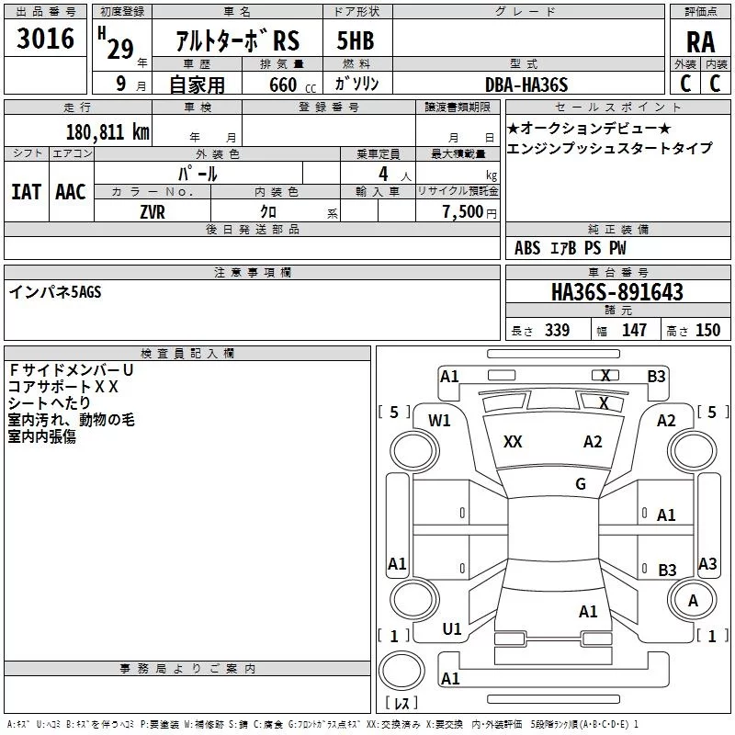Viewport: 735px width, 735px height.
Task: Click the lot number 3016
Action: point(46,40)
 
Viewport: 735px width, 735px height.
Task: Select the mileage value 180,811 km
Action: point(107,131)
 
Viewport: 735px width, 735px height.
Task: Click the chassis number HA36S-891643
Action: point(616,292)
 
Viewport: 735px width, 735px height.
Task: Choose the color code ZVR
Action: point(153,211)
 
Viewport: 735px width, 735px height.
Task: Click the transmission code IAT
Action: point(26,191)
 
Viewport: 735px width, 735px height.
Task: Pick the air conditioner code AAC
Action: point(70,191)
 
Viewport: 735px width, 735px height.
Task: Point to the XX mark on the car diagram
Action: point(513,442)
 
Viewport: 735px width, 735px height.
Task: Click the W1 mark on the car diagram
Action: point(439,421)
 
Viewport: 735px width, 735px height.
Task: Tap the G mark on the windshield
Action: point(580,484)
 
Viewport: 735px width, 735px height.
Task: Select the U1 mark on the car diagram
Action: point(452,628)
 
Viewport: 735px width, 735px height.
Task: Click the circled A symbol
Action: point(693,600)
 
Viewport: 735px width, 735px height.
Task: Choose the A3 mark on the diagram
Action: point(707,564)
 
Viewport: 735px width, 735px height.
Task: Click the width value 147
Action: point(634,331)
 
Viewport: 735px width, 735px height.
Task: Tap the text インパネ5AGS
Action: point(55,291)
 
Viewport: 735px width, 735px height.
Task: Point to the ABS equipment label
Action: point(527,248)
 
